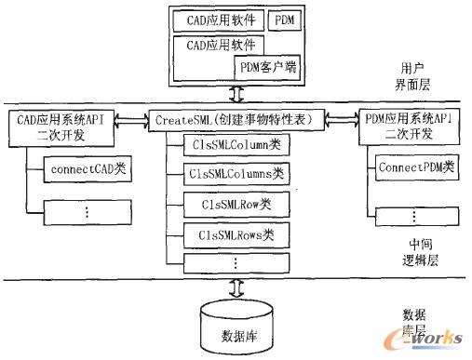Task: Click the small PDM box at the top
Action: (x=285, y=19)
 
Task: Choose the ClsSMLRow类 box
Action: (x=227, y=204)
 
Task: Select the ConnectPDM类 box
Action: (x=416, y=168)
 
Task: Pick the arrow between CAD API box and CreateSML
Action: (x=136, y=119)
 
